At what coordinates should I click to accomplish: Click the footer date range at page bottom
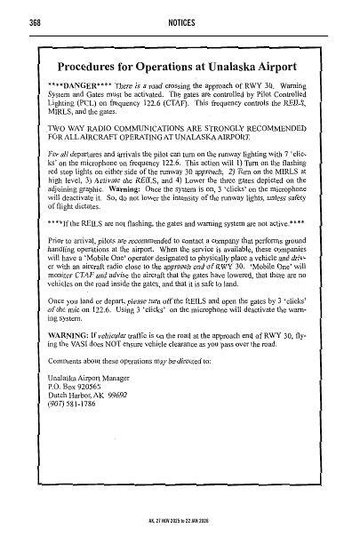coord(180,538)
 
